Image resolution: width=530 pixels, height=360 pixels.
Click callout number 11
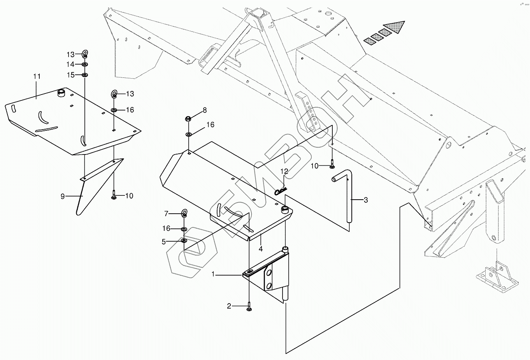[x=37, y=76]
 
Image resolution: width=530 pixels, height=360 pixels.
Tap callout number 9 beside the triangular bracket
[x=63, y=196]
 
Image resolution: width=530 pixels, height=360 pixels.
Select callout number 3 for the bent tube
[x=365, y=200]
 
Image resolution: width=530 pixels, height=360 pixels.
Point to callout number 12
[x=284, y=171]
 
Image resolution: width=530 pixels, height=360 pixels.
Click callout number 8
[x=205, y=110]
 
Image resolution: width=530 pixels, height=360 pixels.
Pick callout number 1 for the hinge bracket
[x=213, y=274]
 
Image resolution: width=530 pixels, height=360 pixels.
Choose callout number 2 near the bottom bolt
[x=229, y=306]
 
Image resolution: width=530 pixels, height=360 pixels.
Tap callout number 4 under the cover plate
[x=261, y=248]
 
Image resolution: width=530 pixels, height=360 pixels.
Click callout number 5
[x=164, y=242]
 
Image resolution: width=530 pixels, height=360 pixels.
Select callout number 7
[x=166, y=213]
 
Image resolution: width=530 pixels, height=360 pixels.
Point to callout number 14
[x=70, y=64]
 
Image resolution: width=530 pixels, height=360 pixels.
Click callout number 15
[x=70, y=74]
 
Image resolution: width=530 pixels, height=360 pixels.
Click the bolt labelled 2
[x=248, y=307]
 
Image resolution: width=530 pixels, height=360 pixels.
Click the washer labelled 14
[x=85, y=64]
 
